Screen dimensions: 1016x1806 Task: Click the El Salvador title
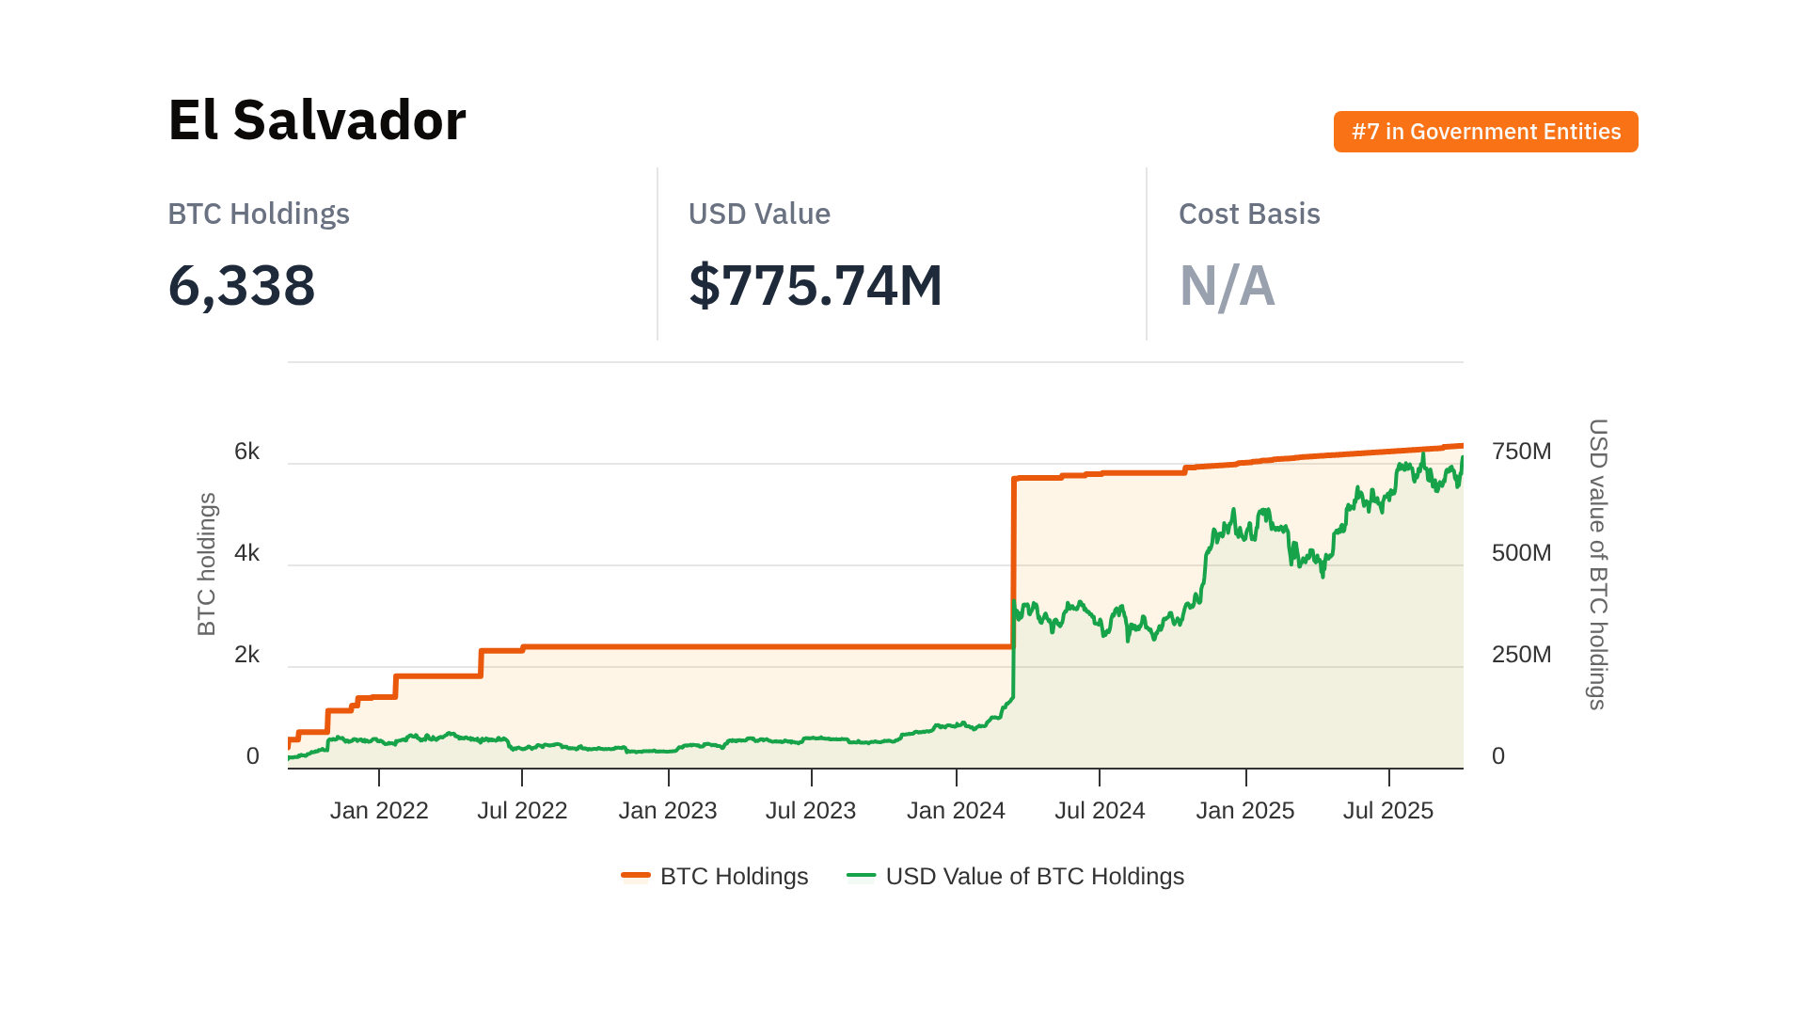(x=317, y=120)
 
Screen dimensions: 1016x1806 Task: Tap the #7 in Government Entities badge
(x=1485, y=132)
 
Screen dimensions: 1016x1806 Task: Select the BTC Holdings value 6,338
(x=242, y=285)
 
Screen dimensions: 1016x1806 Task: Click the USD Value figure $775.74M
(x=815, y=285)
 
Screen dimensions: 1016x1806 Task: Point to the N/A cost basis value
(x=1227, y=286)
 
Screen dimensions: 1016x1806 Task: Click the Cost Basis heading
(x=1249, y=214)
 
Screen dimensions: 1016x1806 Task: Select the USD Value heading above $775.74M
(x=759, y=214)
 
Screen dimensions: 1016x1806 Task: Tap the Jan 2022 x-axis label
(x=379, y=811)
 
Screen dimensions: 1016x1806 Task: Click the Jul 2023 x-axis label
(x=811, y=811)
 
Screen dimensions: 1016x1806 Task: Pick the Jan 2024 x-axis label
(x=956, y=811)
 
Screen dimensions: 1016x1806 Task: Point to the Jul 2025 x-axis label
(x=1387, y=811)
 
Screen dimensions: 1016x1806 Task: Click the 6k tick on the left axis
(x=246, y=452)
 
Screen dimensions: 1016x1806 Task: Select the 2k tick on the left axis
(x=246, y=655)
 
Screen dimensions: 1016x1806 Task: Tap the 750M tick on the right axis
(x=1521, y=452)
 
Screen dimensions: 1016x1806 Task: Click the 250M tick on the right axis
(x=1521, y=655)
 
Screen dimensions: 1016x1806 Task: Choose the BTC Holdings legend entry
(x=716, y=877)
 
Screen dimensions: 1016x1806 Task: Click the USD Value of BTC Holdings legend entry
(x=1016, y=877)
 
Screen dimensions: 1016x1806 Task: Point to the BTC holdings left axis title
(x=207, y=564)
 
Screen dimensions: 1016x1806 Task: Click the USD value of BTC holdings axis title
(x=1597, y=564)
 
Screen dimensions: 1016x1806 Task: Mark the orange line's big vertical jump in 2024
(x=1013, y=564)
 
